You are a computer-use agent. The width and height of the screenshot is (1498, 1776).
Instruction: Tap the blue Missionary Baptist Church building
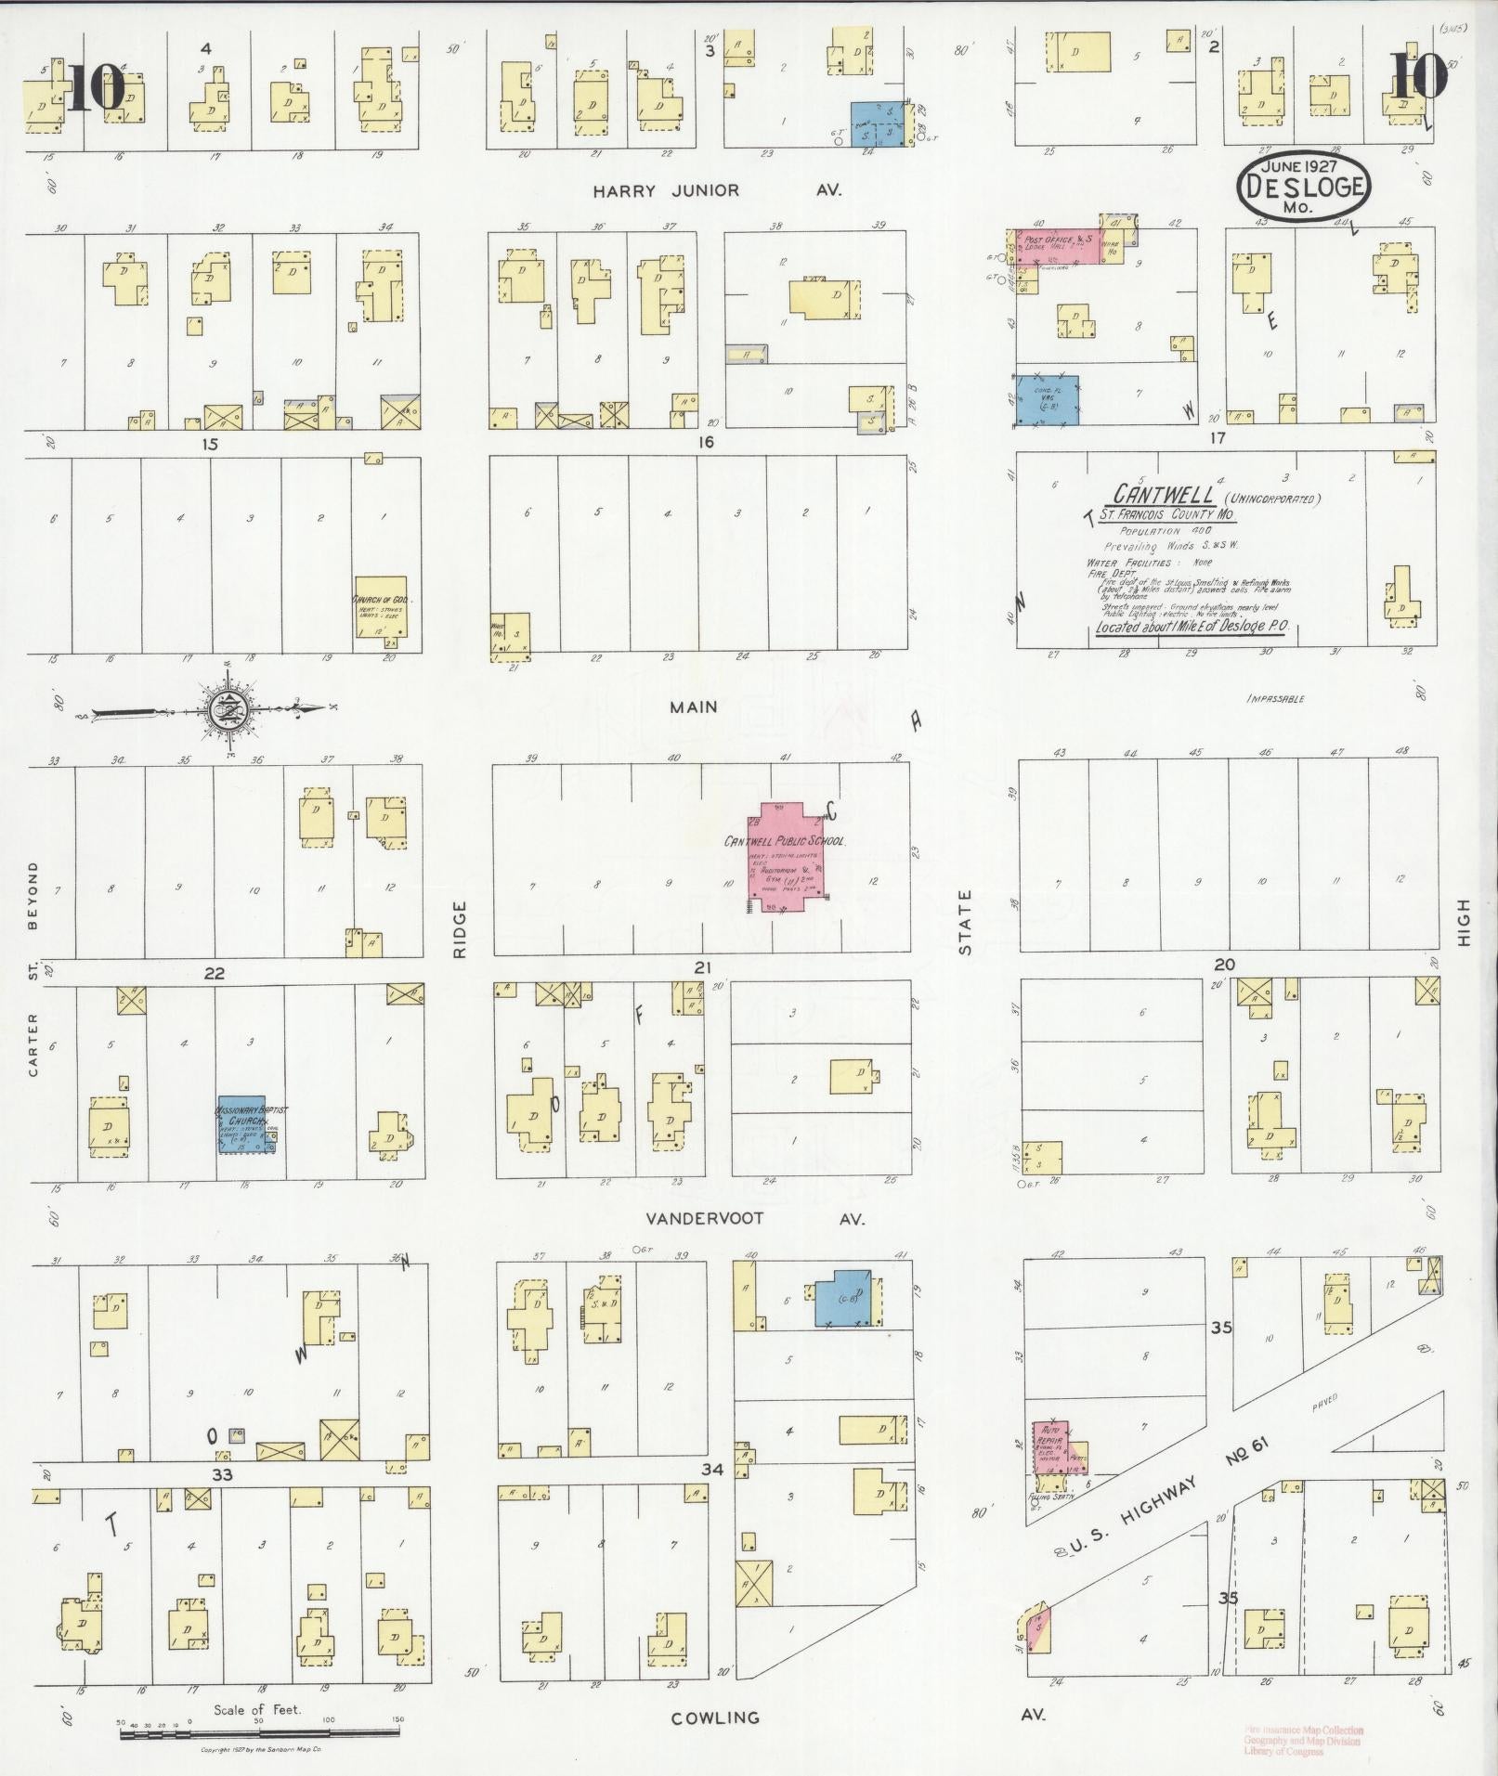click(x=244, y=1123)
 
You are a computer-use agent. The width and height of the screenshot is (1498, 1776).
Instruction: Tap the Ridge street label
click(x=461, y=928)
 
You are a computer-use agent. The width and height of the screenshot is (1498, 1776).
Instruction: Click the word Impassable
click(x=1276, y=698)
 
